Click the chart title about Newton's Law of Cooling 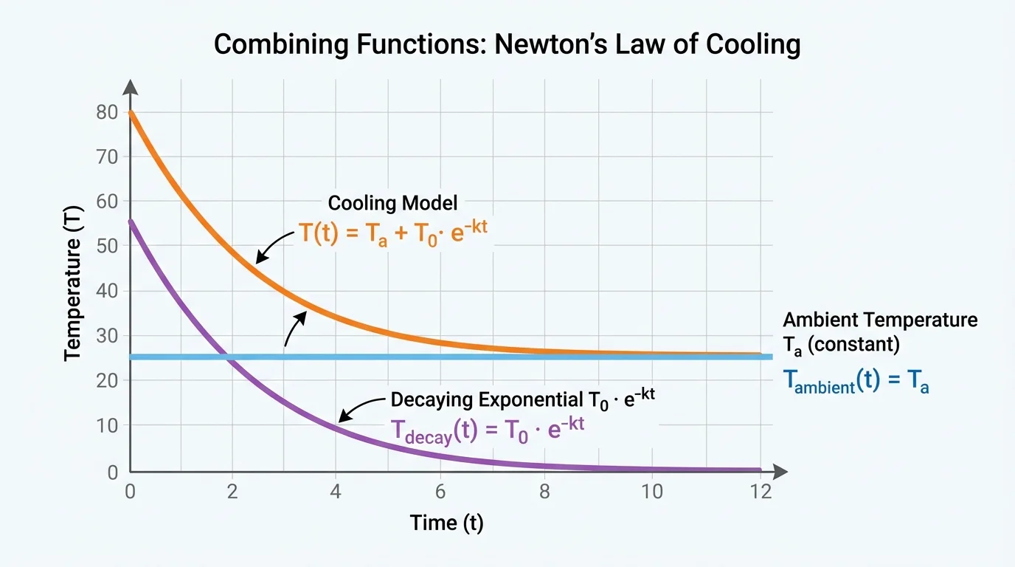pos(507,45)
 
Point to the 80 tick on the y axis pos(108,112)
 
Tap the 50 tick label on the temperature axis pos(108,247)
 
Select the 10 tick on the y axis pos(108,426)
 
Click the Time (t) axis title pos(446,523)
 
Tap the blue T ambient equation pos(855,380)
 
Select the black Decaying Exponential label pos(523,399)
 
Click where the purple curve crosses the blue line pos(229,357)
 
